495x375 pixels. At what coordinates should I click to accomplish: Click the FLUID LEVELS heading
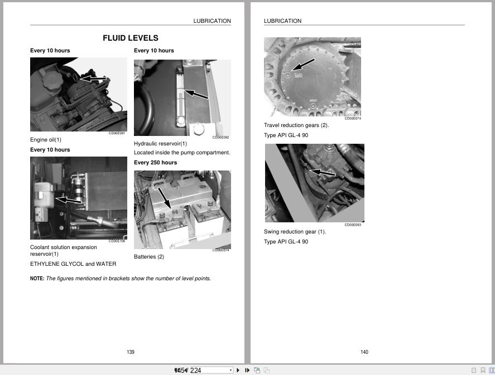click(130, 38)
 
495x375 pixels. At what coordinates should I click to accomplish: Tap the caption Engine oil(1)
click(46, 140)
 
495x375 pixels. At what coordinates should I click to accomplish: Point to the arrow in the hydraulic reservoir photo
click(196, 95)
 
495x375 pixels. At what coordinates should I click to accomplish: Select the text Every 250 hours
click(155, 163)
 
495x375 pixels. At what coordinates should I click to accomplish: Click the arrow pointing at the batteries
click(164, 198)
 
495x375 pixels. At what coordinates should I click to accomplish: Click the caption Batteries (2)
click(149, 257)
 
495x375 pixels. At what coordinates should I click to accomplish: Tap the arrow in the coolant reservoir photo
click(69, 199)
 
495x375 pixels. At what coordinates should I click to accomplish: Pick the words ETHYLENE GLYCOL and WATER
click(73, 264)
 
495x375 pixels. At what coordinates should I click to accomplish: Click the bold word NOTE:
click(37, 279)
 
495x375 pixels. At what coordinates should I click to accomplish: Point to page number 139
click(131, 352)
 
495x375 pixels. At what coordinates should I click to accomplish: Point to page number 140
click(364, 352)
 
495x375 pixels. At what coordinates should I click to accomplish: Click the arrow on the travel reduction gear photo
click(304, 65)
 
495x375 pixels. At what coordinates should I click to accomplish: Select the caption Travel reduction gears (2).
click(296, 125)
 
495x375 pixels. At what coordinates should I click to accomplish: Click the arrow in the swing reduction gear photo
click(323, 173)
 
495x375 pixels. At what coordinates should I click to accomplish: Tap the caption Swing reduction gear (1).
click(295, 232)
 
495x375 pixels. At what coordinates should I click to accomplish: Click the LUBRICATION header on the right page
click(282, 21)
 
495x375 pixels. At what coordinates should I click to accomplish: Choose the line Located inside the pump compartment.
click(182, 153)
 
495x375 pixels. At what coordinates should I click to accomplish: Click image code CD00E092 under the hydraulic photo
click(220, 137)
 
